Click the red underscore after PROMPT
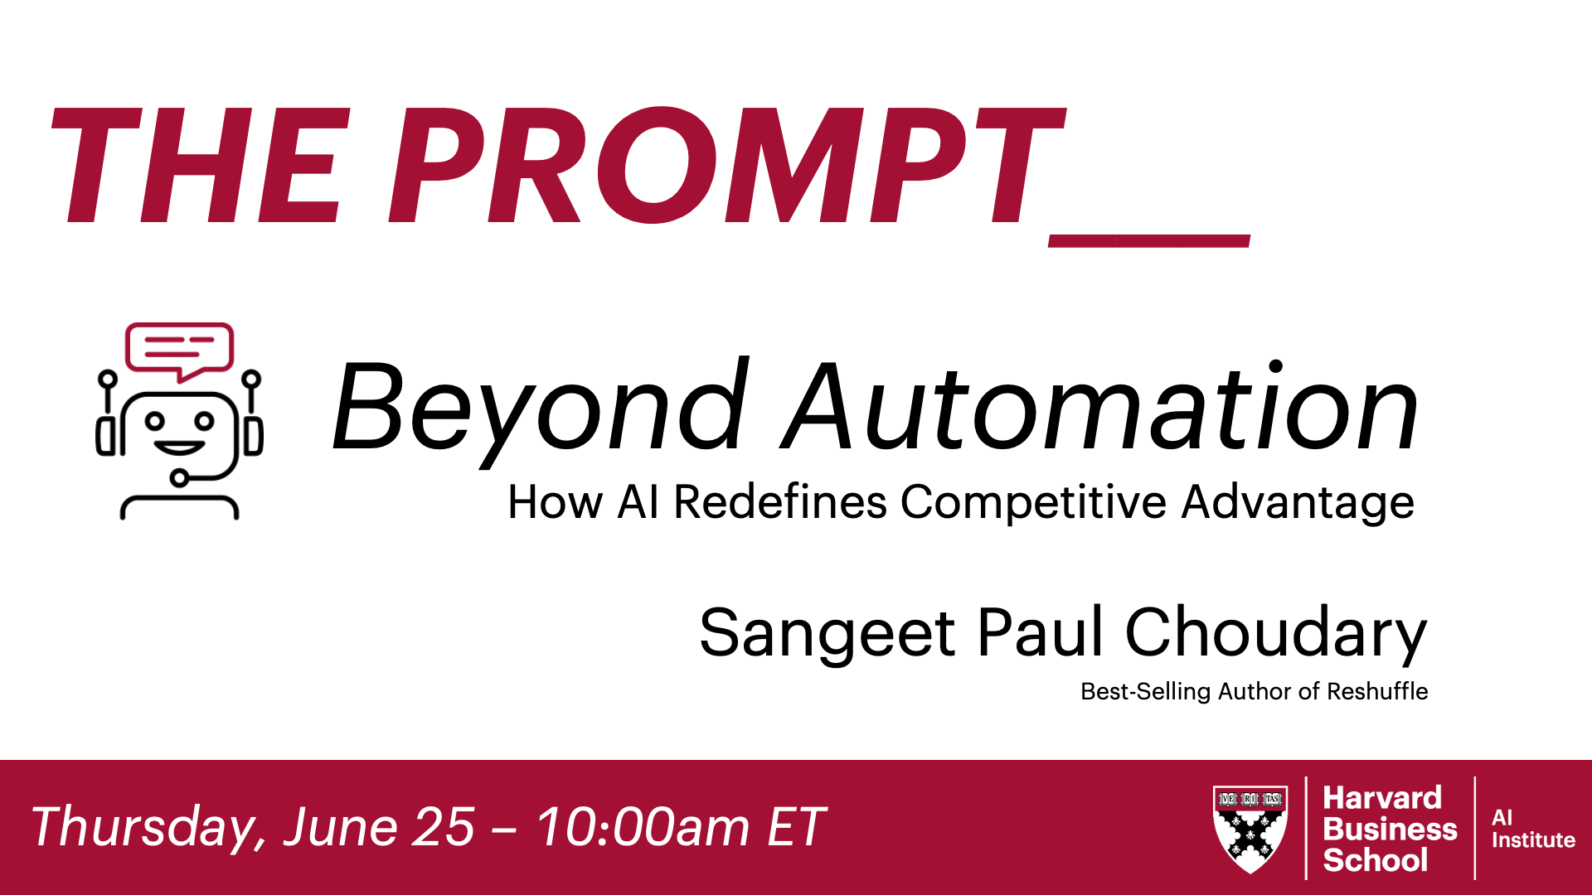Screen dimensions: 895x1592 [1149, 240]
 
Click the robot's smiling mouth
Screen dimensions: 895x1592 [179, 448]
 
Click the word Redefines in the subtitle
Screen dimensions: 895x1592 [779, 502]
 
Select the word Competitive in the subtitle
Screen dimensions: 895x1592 [1033, 502]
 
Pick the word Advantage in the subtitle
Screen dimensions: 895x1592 [1298, 502]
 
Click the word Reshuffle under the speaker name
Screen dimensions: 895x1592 [1377, 691]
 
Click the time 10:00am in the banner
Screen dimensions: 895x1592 [643, 827]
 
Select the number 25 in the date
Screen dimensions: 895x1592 [444, 827]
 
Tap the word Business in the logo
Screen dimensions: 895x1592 [1390, 829]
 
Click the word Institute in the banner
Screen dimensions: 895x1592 [1533, 839]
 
